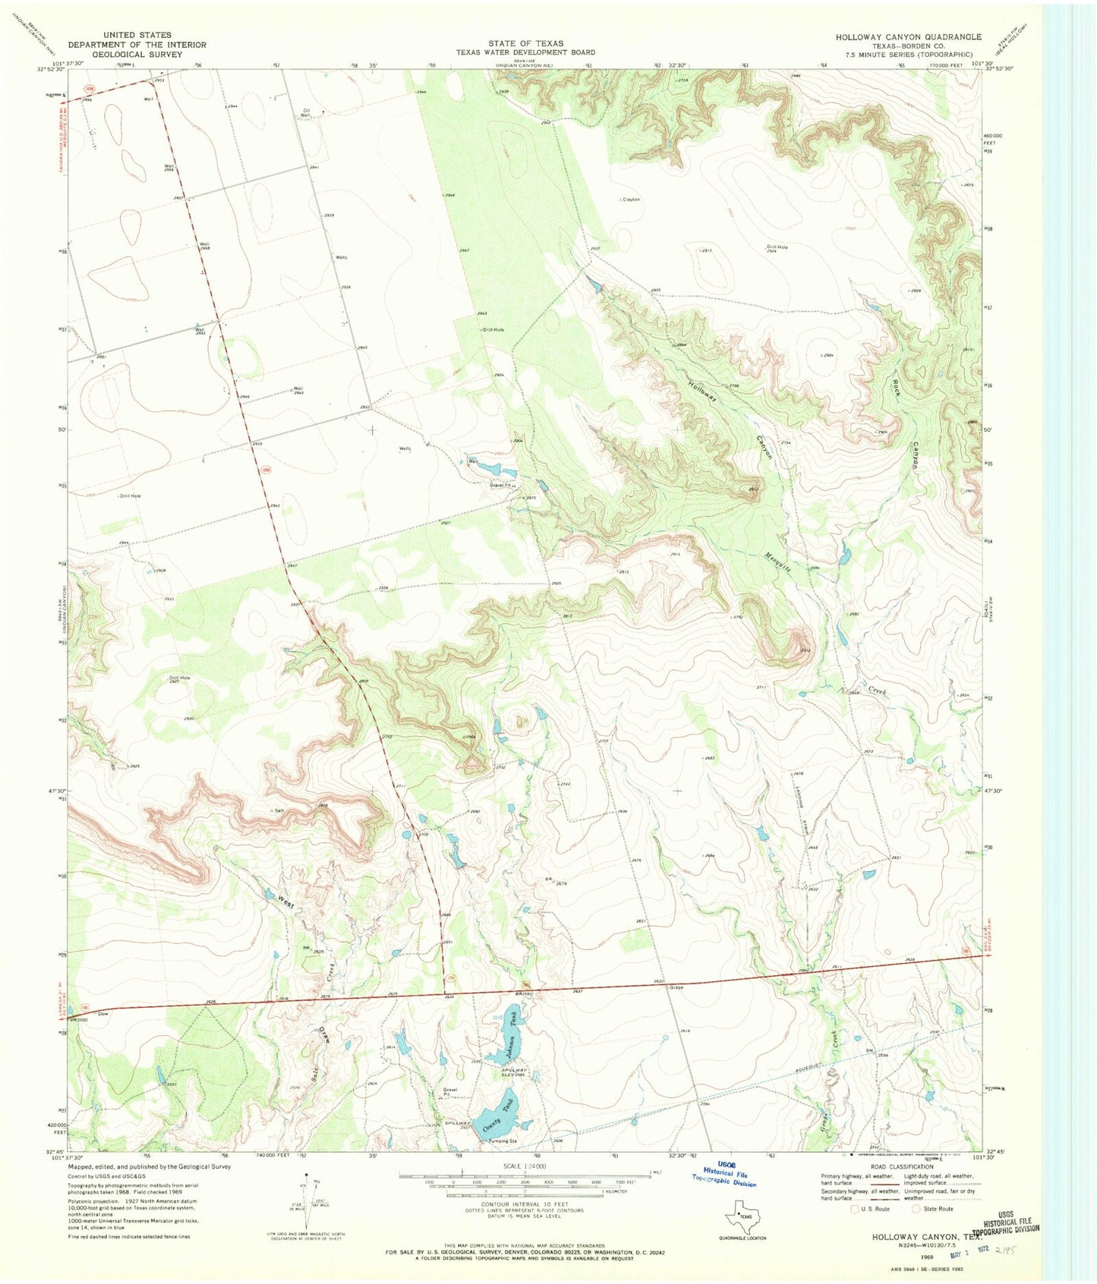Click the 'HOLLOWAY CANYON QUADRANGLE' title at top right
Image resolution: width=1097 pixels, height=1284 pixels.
click(908, 36)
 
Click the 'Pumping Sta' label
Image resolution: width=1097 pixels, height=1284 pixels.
click(503, 1141)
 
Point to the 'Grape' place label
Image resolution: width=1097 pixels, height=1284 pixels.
click(676, 987)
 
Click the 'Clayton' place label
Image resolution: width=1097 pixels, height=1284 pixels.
click(631, 199)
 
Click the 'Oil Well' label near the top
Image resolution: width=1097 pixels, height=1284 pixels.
click(305, 112)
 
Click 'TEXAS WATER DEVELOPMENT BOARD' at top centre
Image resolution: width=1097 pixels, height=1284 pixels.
click(525, 52)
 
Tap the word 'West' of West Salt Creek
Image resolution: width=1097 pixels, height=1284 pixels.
click(285, 902)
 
